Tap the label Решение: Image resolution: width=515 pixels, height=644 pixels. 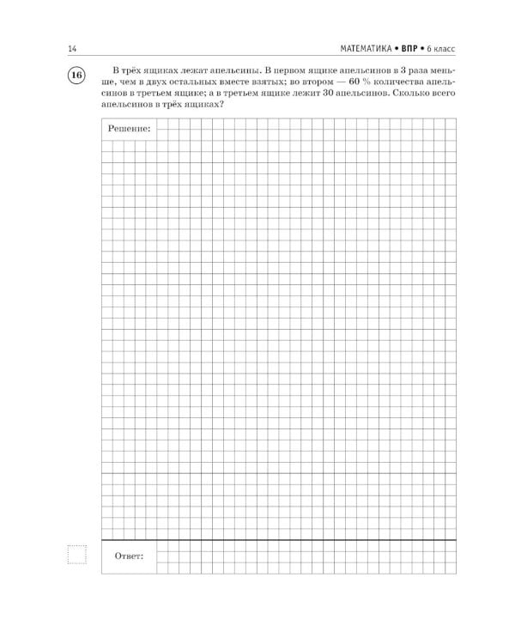130,128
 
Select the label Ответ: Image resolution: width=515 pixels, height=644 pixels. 130,556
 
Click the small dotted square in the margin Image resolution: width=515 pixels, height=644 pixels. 76,555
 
